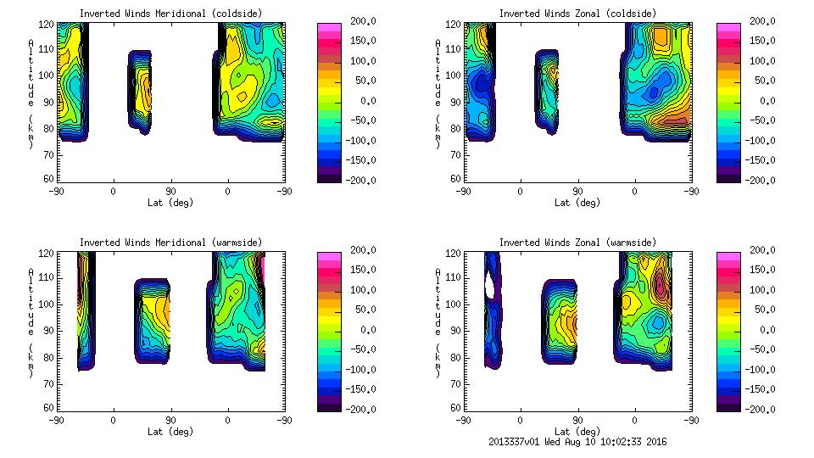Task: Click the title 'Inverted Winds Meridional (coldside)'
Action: [170, 14]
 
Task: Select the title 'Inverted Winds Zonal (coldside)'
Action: [577, 14]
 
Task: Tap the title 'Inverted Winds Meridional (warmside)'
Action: [170, 243]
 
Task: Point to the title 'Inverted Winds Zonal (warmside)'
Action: [577, 243]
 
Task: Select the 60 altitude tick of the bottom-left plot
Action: [49, 407]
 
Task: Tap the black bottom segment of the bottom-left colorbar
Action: [328, 405]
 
